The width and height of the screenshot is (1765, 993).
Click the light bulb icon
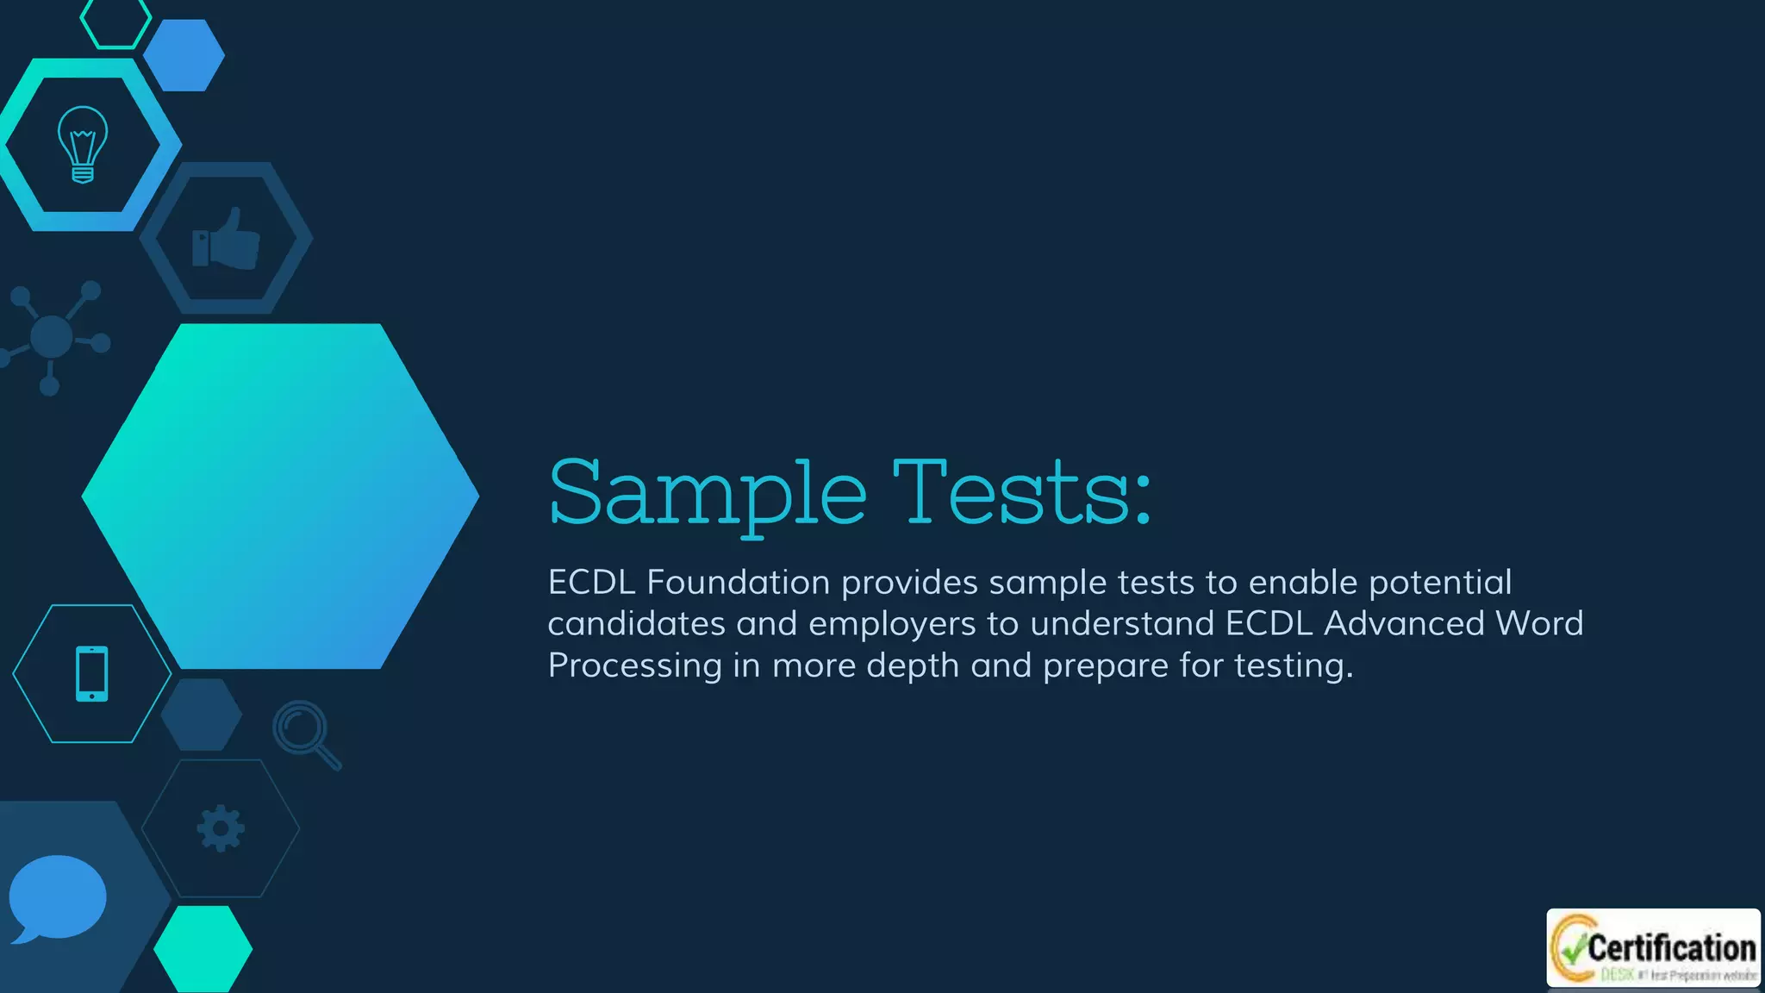[x=83, y=144]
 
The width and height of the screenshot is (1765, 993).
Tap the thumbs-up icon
[x=226, y=240]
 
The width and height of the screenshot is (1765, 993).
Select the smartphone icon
[x=92, y=673]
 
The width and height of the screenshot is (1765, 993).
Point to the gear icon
[x=221, y=828]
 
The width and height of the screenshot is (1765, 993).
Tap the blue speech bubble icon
[x=57, y=897]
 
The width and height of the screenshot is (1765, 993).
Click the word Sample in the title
[x=707, y=493]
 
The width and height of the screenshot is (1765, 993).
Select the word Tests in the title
[x=1021, y=493]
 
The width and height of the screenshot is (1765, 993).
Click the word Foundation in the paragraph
[x=738, y=583]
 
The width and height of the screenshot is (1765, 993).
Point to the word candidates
[x=636, y=624]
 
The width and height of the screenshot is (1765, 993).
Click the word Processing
[x=635, y=665]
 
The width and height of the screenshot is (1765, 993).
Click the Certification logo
[x=1653, y=948]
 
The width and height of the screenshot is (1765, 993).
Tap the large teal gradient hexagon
[x=280, y=496]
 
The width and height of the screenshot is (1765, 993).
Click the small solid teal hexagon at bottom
[x=203, y=948]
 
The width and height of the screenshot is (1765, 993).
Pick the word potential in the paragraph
[x=1440, y=583]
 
